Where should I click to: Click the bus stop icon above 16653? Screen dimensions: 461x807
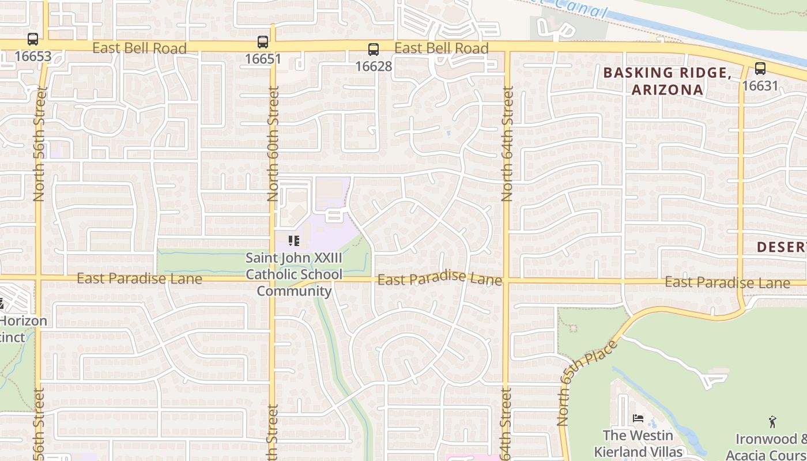(33, 39)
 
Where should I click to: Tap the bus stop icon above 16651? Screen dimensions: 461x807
(263, 41)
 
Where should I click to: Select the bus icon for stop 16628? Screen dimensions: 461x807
(374, 49)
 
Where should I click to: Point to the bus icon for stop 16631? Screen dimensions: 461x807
(760, 69)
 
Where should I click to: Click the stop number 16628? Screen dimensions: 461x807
(374, 66)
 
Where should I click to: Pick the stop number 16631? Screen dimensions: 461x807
(760, 86)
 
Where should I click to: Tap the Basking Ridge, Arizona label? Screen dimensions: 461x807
(668, 81)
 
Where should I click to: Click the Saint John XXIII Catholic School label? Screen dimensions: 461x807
(294, 274)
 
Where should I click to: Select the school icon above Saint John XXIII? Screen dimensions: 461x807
(294, 240)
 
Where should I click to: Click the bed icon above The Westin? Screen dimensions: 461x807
(638, 418)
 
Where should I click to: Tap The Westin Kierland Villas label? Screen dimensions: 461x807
(638, 443)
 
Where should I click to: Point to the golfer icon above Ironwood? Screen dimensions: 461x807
(772, 422)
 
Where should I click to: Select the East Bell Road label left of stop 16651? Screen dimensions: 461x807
(139, 48)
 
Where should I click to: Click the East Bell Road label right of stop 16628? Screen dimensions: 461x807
(442, 48)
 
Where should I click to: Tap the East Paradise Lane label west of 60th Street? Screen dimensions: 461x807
(139, 279)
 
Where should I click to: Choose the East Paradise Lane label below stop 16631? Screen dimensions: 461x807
(727, 282)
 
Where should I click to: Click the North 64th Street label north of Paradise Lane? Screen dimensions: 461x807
(507, 144)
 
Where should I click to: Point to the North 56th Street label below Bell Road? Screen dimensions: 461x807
(39, 144)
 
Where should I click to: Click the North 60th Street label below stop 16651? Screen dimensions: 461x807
(273, 144)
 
